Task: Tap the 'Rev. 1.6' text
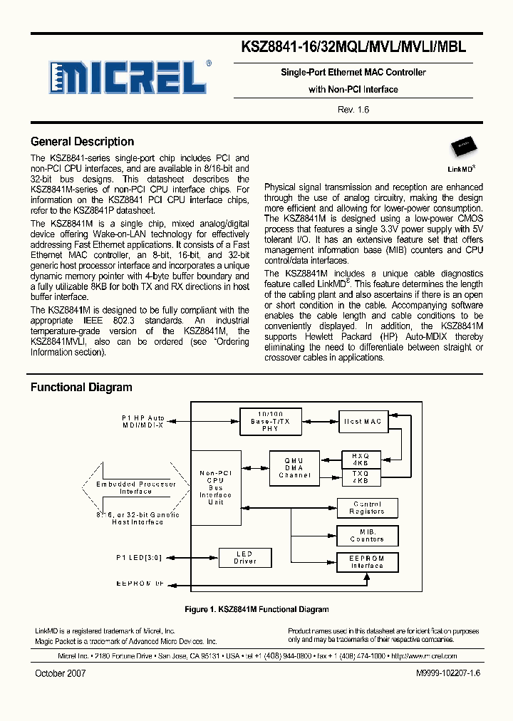[x=353, y=109]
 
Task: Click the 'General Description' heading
[x=82, y=142]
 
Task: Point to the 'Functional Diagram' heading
[x=81, y=388]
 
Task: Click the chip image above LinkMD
[x=462, y=149]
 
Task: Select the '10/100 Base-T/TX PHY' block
[x=271, y=422]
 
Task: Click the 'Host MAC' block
[x=363, y=422]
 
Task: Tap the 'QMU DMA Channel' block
[x=294, y=467]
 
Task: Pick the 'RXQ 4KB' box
[x=361, y=459]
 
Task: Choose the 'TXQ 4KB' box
[x=361, y=477]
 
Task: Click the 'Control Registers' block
[x=367, y=508]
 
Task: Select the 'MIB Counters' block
[x=367, y=535]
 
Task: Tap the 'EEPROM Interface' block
[x=367, y=562]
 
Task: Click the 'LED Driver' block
[x=245, y=557]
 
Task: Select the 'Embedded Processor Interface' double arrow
[x=135, y=487]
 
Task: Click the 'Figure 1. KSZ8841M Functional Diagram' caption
[x=256, y=609]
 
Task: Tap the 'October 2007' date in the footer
[x=60, y=673]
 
